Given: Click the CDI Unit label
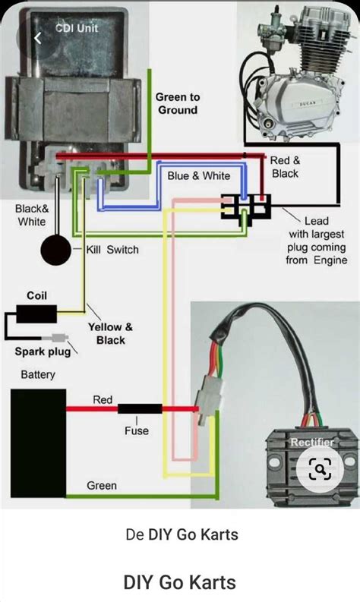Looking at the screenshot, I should click(76, 28).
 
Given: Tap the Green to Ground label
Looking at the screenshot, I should click(178, 103).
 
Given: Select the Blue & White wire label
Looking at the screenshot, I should click(198, 175).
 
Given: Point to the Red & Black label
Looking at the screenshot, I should click(286, 167).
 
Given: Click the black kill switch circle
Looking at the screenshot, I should click(56, 251).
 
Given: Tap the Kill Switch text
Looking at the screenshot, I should click(112, 249).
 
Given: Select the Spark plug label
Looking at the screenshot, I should click(42, 351).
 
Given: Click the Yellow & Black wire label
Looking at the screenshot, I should click(110, 333).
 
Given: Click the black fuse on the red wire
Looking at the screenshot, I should click(138, 408).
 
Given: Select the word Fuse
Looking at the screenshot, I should click(137, 430).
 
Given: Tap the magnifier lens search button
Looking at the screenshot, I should click(321, 469).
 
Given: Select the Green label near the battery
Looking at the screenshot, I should click(101, 485).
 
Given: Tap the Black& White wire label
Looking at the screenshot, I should click(30, 215).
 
